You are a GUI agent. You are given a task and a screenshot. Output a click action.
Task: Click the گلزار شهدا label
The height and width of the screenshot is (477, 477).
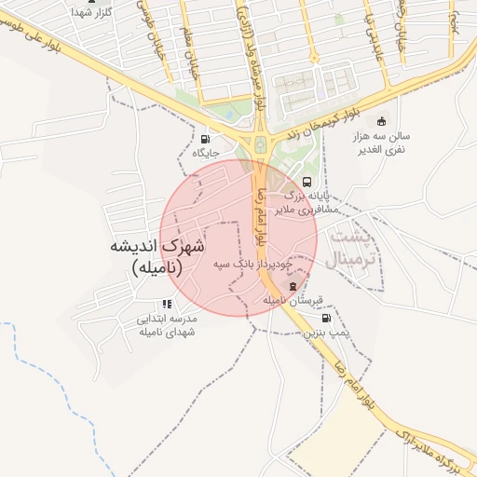pyautogui.click(x=91, y=14)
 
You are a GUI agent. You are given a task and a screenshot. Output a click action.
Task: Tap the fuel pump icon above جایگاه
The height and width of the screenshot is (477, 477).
pyautogui.click(x=204, y=140)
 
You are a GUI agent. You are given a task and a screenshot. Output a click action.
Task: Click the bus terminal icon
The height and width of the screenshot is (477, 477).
pyautogui.click(x=307, y=182)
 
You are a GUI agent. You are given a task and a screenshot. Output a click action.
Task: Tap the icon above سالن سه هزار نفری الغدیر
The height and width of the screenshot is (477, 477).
pyautogui.click(x=380, y=121)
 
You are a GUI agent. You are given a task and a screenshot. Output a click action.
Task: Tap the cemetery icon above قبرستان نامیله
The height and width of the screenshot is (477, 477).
pyautogui.click(x=295, y=285)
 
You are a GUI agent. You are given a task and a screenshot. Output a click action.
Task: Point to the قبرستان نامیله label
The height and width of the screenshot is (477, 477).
pyautogui.click(x=293, y=300)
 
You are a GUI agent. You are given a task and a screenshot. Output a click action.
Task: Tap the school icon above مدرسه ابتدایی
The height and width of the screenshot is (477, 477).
pyautogui.click(x=167, y=304)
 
